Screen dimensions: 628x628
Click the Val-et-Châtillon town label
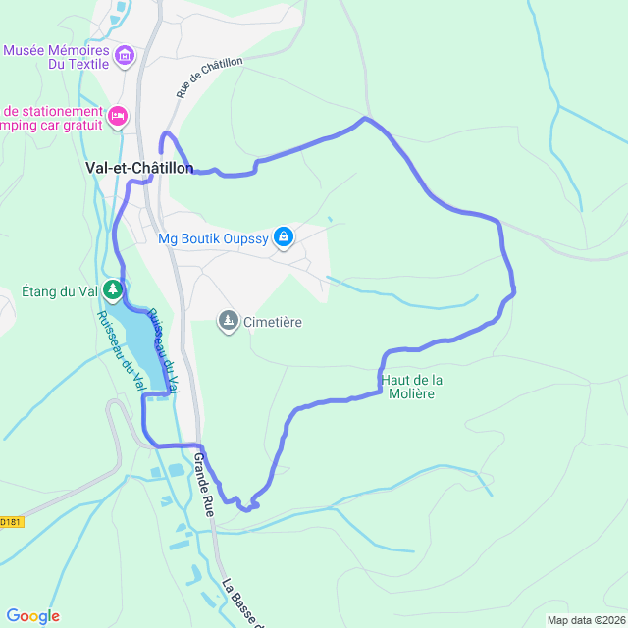pyautogui.click(x=138, y=168)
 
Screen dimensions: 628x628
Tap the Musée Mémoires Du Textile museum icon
pyautogui.click(x=124, y=56)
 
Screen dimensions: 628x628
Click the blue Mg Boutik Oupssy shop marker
pyautogui.click(x=284, y=236)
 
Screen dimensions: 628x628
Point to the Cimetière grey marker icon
pyautogui.click(x=228, y=321)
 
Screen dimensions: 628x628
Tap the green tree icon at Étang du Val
pyautogui.click(x=114, y=290)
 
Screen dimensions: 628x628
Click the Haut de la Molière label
pyautogui.click(x=411, y=387)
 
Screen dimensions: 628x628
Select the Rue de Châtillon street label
pyautogui.click(x=208, y=78)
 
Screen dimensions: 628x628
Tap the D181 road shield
pyautogui.click(x=10, y=522)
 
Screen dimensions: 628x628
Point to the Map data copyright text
pyautogui.click(x=585, y=620)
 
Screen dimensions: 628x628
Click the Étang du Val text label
pyautogui.click(x=60, y=291)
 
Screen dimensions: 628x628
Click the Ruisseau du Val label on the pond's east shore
pyautogui.click(x=165, y=349)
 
